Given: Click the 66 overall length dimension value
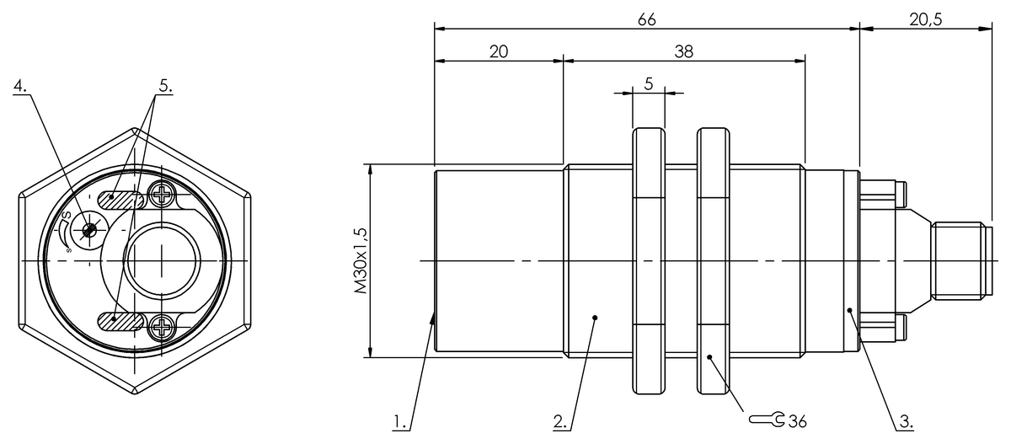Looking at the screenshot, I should click(647, 19).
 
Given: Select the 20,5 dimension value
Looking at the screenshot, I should click(926, 19).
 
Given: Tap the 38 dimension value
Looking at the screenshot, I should click(683, 51).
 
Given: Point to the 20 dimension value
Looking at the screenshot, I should click(498, 51).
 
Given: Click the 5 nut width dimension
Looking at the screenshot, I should click(648, 83).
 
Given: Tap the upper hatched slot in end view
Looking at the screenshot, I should click(119, 199).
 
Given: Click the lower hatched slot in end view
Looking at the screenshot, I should click(119, 320).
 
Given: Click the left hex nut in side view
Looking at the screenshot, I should click(648, 261).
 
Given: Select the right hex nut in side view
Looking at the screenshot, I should click(713, 261).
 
